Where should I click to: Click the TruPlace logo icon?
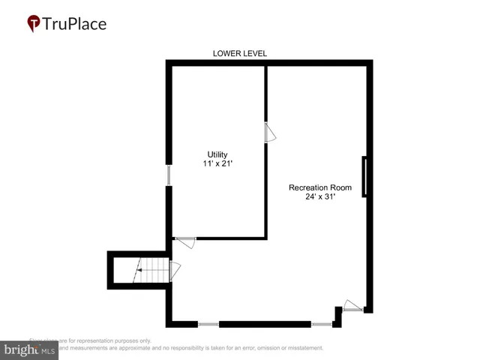coord(34,24)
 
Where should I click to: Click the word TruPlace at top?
coord(74,24)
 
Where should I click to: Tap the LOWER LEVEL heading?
coord(240,53)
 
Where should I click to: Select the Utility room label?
coord(217,154)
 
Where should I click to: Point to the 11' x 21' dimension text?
coord(217,163)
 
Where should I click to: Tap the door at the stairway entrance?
coord(175,270)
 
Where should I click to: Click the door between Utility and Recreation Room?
coord(270,133)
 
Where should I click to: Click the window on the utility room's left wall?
coord(169,175)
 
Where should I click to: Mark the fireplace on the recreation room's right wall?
coord(364,176)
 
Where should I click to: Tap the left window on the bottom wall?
coord(208,324)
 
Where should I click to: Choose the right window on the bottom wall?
coord(321,324)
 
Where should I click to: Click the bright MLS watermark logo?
coord(30,349)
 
